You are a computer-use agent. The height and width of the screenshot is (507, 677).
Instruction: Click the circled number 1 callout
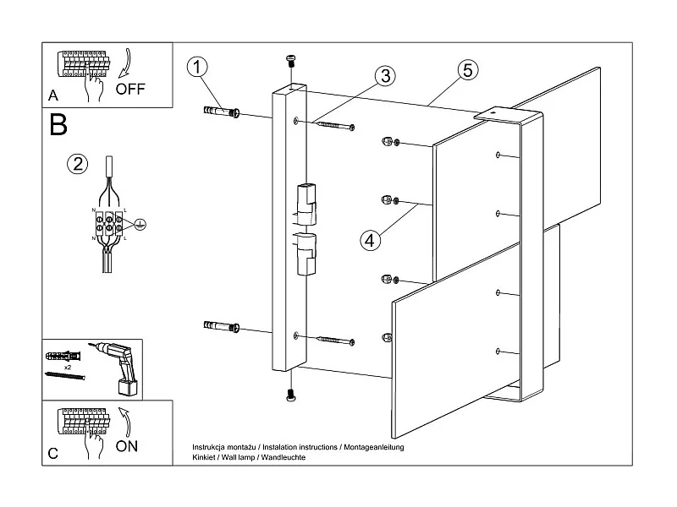pos(196,68)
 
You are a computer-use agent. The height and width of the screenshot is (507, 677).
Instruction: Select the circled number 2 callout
pos(78,164)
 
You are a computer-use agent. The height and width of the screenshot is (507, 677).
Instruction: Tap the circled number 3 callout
pos(384,76)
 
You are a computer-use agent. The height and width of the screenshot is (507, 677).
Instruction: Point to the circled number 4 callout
pos(370,240)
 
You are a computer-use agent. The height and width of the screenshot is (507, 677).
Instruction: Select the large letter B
pos(58,125)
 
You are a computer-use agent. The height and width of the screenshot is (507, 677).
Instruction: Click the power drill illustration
pos(118,366)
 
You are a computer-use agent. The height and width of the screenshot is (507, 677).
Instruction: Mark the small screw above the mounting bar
pos(291,62)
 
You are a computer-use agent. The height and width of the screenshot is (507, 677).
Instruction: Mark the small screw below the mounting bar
pos(291,393)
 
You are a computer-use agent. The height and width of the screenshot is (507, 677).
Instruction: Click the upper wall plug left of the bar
pos(222,112)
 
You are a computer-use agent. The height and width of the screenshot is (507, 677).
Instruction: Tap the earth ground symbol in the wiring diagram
pos(142,224)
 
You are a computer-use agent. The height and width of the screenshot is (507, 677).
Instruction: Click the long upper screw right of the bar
pos(334,126)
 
